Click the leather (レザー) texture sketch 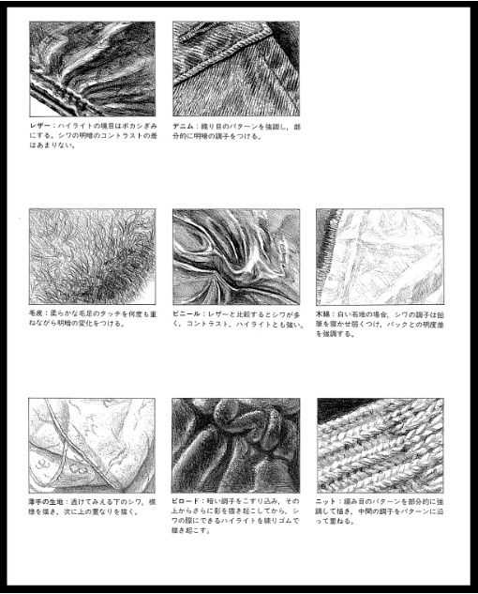pyautogui.click(x=92, y=68)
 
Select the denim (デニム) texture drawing pyautogui.click(x=236, y=68)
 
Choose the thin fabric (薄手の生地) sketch pyautogui.click(x=92, y=446)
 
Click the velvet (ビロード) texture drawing pyautogui.click(x=236, y=446)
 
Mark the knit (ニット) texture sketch pyautogui.click(x=380, y=446)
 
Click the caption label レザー pyautogui.click(x=39, y=125)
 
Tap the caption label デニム pyautogui.click(x=184, y=125)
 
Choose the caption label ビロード pyautogui.click(x=186, y=504)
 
